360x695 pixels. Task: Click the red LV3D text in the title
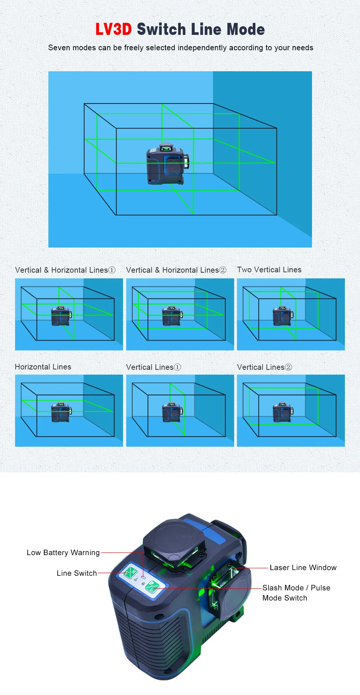[113, 29]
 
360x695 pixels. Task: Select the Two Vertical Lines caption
[269, 270]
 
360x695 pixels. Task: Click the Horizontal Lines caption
[43, 367]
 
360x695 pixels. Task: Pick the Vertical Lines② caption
[264, 367]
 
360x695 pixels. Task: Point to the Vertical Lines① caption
[153, 367]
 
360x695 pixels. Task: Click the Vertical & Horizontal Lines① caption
[65, 270]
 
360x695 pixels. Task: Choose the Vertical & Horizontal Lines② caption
[176, 270]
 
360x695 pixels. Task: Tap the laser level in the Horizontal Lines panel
[61, 412]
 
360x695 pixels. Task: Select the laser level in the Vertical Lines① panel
[172, 412]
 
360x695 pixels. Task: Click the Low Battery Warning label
[63, 552]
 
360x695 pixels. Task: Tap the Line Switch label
[76, 573]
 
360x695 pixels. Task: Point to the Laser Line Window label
[303, 567]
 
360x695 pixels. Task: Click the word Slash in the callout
[272, 588]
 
